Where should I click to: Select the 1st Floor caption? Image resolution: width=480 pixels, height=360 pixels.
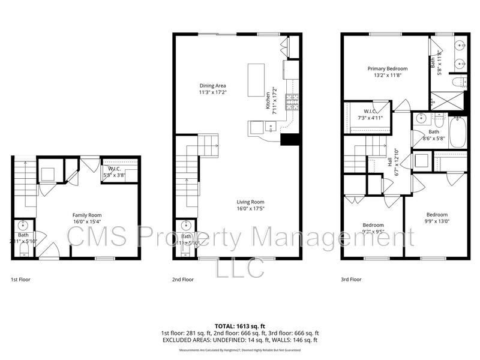coord(20,279)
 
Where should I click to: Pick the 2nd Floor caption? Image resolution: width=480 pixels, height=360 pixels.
coord(183,279)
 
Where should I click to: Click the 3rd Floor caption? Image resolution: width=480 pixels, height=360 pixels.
coord(352,279)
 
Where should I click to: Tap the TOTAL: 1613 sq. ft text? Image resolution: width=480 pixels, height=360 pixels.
coord(240,325)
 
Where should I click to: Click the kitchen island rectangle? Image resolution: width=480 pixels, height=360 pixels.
coord(257,81)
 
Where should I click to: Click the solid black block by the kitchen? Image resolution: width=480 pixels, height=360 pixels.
coord(290,139)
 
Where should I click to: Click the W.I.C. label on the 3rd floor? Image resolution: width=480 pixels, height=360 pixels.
coord(370,112)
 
